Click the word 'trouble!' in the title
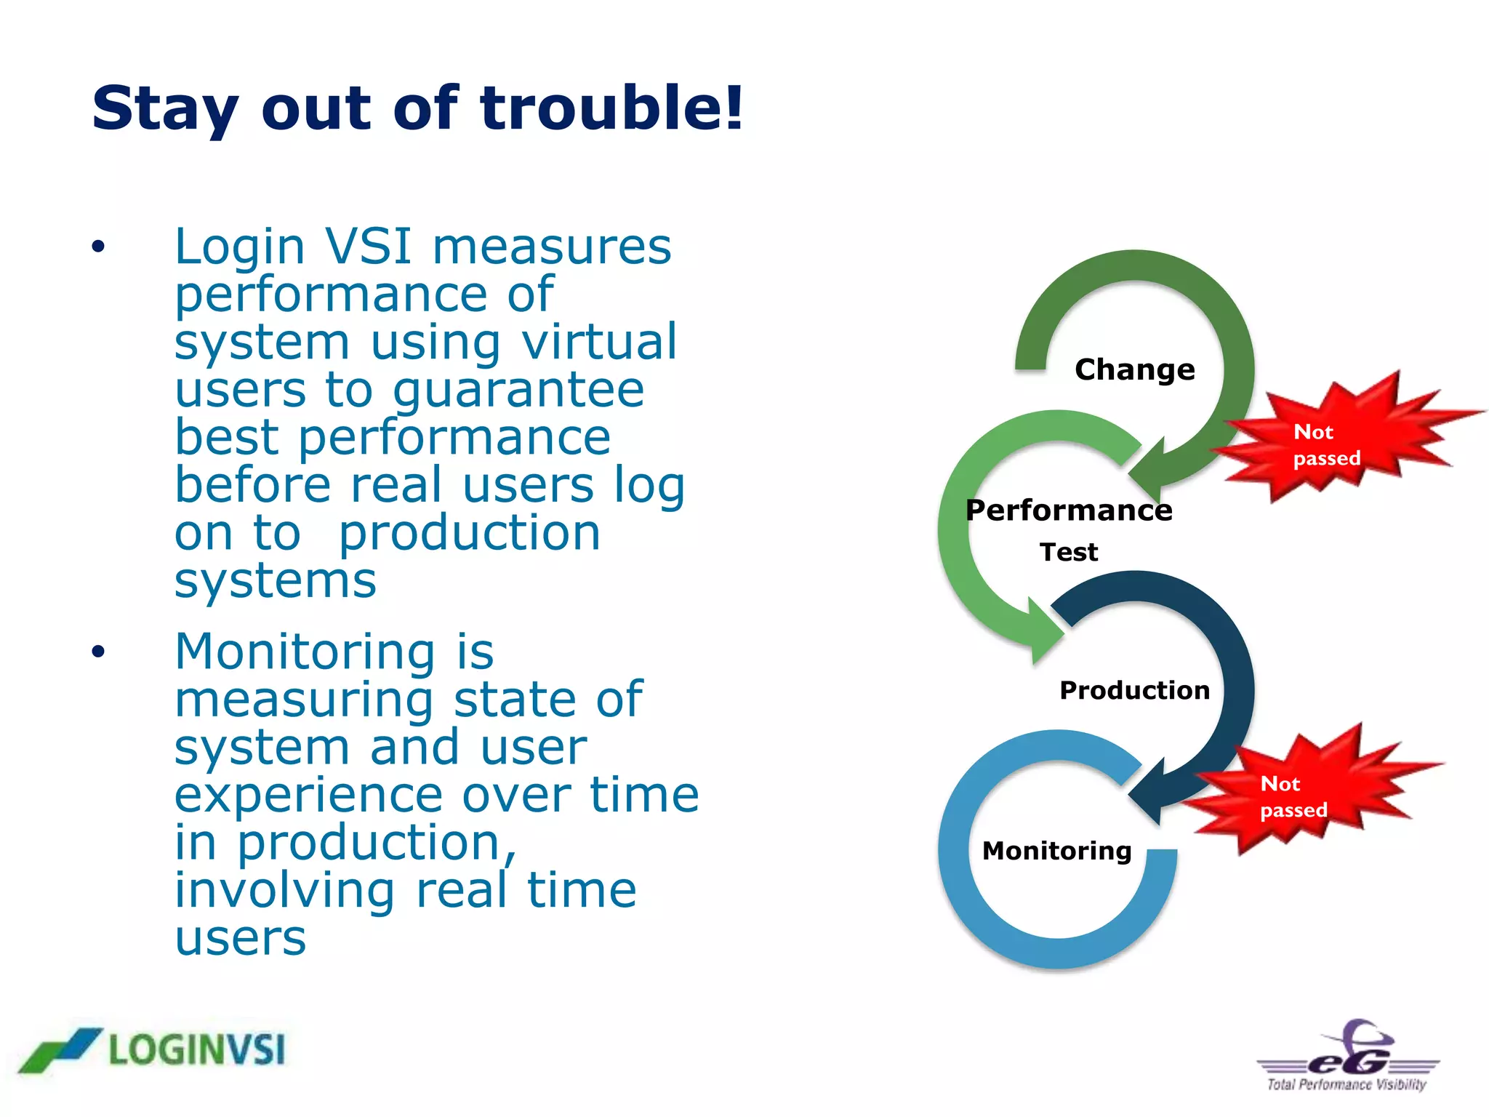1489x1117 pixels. tap(611, 108)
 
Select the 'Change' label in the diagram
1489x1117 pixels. tap(1134, 369)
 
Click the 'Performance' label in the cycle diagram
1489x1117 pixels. tap(1068, 510)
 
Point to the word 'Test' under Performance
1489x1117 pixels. tap(1068, 552)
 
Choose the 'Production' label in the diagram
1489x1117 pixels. tap(1134, 690)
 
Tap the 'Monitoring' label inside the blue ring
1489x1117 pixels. tap(1056, 850)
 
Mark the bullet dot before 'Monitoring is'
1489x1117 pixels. tap(98, 651)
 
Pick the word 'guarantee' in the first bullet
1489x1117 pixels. tap(518, 391)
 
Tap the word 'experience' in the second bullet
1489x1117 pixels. tap(308, 794)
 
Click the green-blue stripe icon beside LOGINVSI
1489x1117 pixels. tap(60, 1049)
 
